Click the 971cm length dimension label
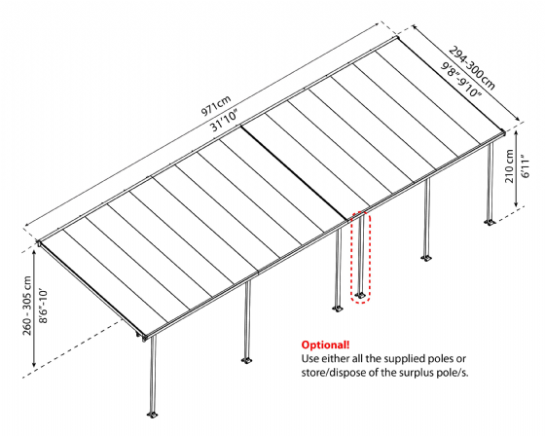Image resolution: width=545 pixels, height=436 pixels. click(x=216, y=105)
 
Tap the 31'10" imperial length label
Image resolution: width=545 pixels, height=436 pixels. click(x=225, y=121)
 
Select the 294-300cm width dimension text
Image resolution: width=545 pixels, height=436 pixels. click(x=472, y=68)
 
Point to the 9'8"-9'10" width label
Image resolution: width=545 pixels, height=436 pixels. click(x=461, y=79)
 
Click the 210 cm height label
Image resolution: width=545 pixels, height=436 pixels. click(x=509, y=165)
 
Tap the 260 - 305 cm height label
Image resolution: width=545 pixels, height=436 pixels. click(x=27, y=306)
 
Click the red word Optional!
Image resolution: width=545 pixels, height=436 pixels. click(x=325, y=345)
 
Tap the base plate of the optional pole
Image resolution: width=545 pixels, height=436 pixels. click(x=360, y=296)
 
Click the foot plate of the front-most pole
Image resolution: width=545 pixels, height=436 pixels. click(x=152, y=414)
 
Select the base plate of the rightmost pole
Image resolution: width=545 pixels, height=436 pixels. click(x=490, y=222)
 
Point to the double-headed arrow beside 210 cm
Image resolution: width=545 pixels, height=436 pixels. click(x=517, y=168)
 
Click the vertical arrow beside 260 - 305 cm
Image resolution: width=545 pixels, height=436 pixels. click(x=34, y=309)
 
